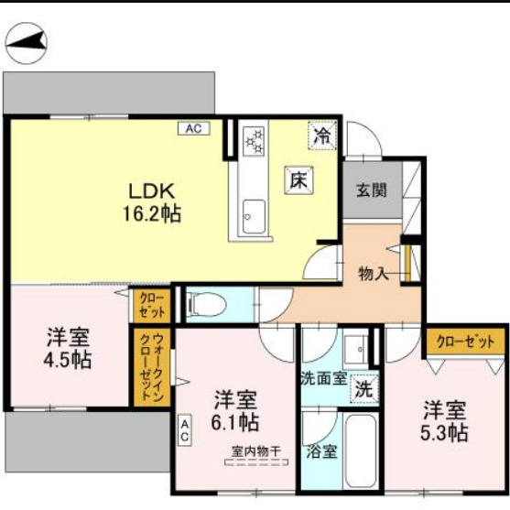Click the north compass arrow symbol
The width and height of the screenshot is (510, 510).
(27, 41)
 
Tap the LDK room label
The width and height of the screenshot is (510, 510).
(151, 192)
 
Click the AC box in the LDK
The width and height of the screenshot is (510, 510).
(193, 129)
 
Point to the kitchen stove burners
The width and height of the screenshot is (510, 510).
(253, 142)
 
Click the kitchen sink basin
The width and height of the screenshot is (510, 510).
(252, 219)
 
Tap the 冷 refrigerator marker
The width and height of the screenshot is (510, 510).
(323, 135)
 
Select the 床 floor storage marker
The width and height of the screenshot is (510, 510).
(298, 180)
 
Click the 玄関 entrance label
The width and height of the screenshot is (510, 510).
(371, 191)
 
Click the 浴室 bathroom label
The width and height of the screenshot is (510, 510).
(321, 450)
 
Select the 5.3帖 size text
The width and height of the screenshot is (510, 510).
(445, 432)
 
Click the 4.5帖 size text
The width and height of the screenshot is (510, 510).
(70, 359)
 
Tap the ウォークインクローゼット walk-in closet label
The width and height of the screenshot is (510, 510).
(146, 366)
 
